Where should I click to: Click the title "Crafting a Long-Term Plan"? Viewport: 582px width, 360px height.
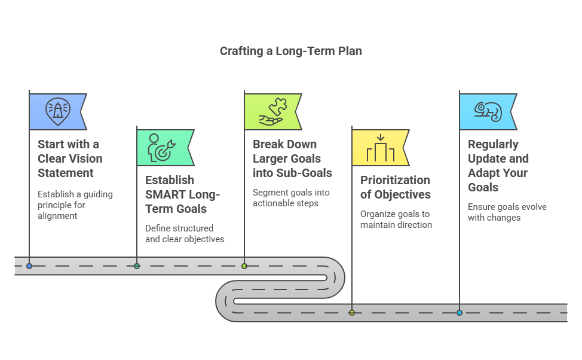[x=290, y=51]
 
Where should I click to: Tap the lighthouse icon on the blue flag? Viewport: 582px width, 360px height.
[x=57, y=111]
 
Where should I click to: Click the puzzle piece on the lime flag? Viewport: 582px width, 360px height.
[x=278, y=106]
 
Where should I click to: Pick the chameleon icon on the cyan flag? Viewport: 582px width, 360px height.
[x=488, y=111]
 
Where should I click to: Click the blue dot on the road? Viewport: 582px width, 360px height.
[x=29, y=266]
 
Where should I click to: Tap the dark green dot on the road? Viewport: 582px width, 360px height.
[x=137, y=266]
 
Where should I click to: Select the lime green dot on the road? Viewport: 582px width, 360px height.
[x=244, y=266]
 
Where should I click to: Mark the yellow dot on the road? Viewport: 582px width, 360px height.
[x=352, y=313]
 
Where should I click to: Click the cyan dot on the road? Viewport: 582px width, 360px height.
[x=460, y=313]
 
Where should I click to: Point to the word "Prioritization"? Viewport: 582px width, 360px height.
[x=396, y=180]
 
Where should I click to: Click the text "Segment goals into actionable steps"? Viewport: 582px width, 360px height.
[x=291, y=198]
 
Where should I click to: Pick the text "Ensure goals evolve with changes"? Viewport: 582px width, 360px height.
[x=507, y=212]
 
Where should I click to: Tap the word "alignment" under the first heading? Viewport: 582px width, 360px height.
[x=57, y=216]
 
